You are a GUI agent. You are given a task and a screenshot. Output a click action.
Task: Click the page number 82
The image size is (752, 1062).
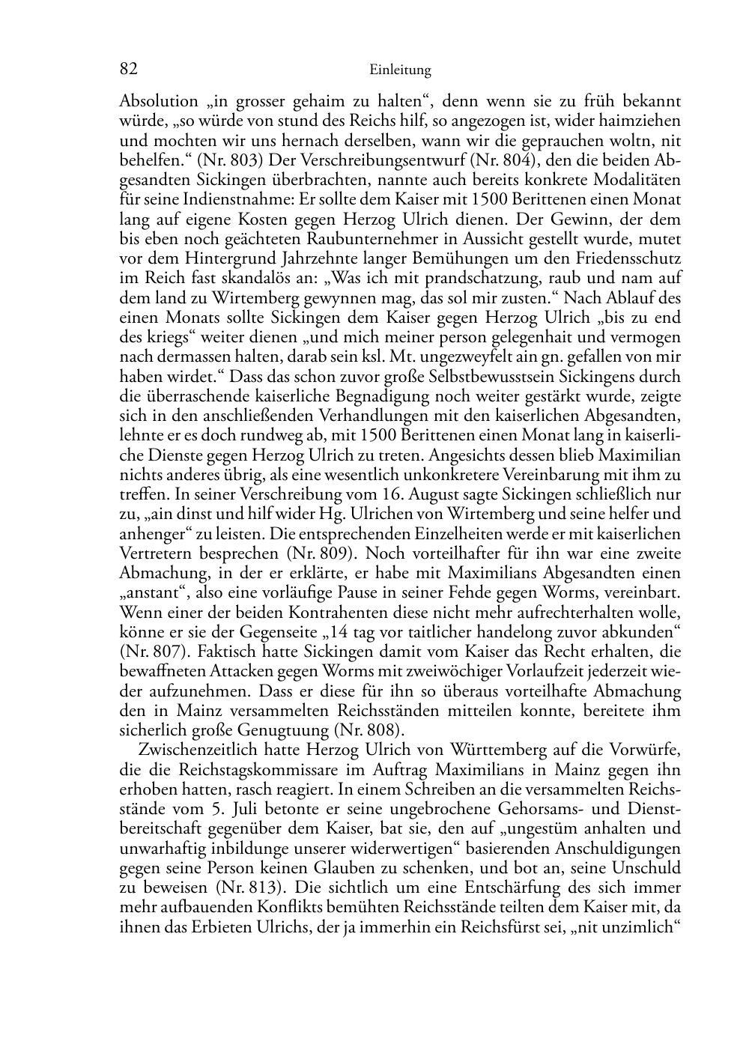pos(128,70)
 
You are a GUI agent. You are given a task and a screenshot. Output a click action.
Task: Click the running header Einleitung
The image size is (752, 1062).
pos(401,70)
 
